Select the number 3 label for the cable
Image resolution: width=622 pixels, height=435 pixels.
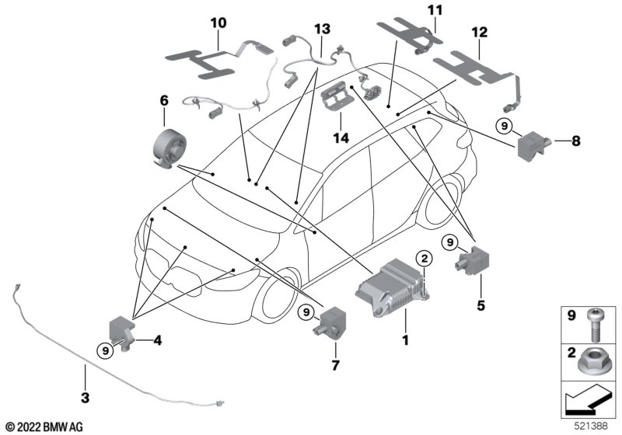click(x=85, y=398)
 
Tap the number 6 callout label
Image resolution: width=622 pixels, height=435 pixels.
click(x=164, y=100)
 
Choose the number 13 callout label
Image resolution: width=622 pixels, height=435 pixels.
click(x=321, y=29)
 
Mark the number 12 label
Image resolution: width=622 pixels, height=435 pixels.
click(x=480, y=32)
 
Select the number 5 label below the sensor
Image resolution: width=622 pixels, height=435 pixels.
click(x=470, y=306)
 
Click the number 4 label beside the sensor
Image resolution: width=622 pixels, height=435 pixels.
click(x=157, y=339)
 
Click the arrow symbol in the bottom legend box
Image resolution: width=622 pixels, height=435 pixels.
click(x=587, y=402)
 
